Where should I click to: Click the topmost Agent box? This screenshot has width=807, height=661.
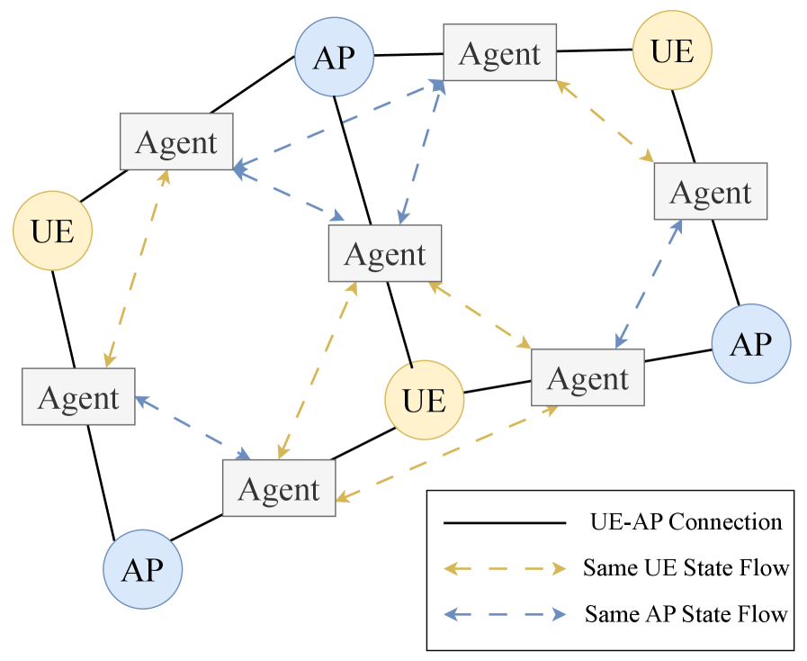click(500, 52)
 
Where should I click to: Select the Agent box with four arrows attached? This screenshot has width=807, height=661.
click(385, 253)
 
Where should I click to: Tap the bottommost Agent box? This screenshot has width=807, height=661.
click(279, 488)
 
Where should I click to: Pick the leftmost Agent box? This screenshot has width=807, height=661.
click(78, 396)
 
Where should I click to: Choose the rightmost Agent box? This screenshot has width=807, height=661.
click(710, 192)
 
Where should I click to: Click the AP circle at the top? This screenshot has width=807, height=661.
click(334, 58)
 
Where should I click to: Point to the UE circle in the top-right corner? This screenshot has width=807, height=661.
click(672, 51)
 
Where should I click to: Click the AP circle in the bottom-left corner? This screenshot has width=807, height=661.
click(142, 569)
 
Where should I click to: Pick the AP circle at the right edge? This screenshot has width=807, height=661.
click(750, 344)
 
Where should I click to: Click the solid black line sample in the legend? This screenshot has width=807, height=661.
click(504, 522)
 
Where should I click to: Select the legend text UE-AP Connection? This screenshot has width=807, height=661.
click(686, 521)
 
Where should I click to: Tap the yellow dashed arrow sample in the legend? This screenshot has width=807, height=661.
click(504, 568)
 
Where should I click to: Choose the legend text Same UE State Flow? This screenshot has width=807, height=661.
click(686, 568)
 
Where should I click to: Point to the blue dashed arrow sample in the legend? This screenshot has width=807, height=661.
click(504, 614)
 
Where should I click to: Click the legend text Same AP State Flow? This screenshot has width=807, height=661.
click(686, 614)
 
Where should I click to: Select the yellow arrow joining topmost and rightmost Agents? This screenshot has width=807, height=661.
click(605, 122)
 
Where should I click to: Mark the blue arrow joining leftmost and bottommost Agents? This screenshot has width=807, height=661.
click(193, 427)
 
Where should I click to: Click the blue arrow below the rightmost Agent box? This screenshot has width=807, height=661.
click(649, 282)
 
